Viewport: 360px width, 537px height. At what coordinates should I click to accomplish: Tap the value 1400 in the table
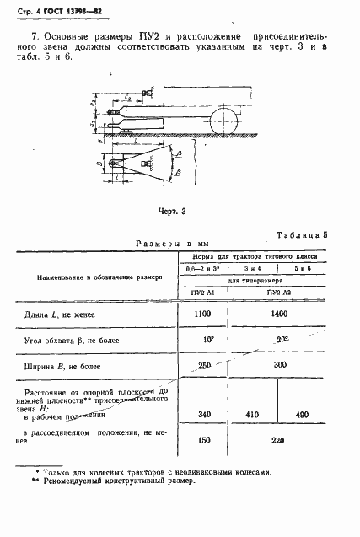278,312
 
